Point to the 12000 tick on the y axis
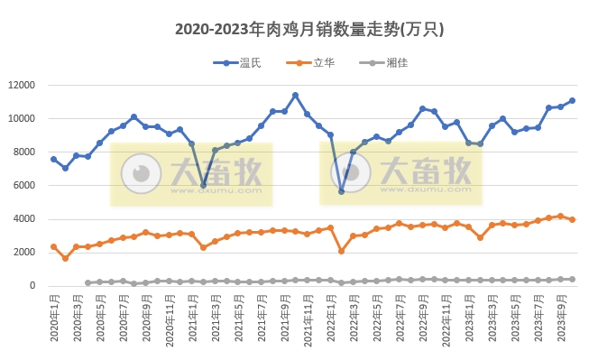pos(20,85)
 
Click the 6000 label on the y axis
pos(23,185)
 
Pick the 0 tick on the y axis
pos(32,286)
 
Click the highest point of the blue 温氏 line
pos(295,95)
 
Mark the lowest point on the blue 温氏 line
pos(342,191)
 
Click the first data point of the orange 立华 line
pos(53,246)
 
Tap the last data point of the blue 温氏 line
pos(573,100)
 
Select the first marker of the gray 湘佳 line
pos(88,282)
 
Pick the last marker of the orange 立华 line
pos(573,219)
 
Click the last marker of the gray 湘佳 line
pos(573,279)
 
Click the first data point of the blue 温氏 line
pos(53,159)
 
